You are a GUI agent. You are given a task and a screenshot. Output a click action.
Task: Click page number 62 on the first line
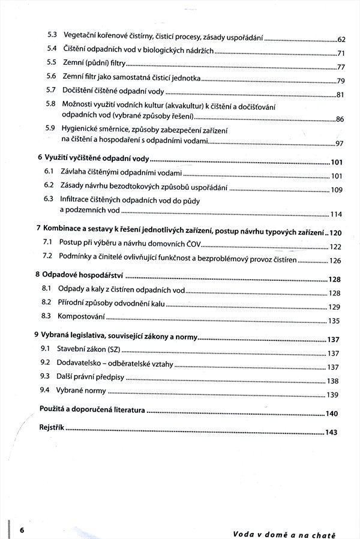(x=342, y=40)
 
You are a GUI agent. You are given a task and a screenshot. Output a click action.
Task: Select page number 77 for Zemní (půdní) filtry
(x=341, y=67)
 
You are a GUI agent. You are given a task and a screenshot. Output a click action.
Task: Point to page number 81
(x=341, y=95)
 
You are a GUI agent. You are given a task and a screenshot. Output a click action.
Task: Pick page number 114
(x=336, y=215)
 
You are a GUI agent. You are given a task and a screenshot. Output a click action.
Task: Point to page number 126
(x=335, y=261)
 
